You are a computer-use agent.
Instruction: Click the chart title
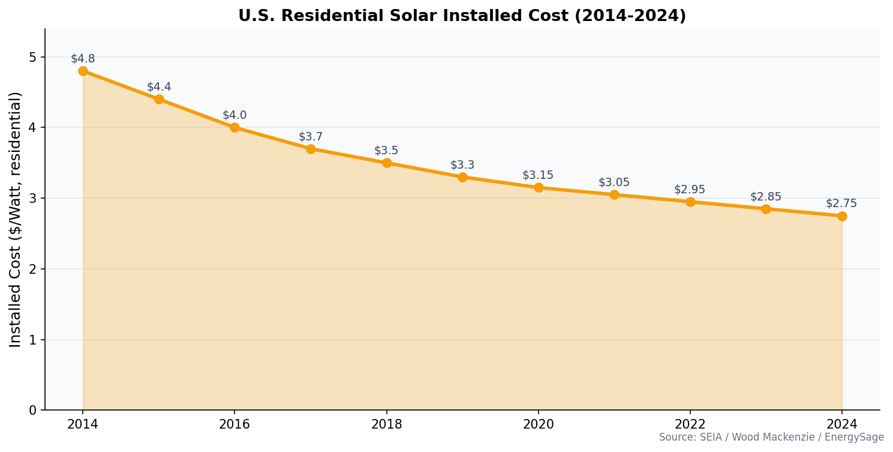(462, 16)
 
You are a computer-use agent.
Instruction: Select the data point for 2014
(83, 71)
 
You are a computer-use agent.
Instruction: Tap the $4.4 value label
(159, 87)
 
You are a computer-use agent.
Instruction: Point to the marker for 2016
(234, 127)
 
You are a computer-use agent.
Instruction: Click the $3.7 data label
(311, 137)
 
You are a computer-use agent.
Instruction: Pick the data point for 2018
(387, 163)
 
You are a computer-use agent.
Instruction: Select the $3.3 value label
(462, 165)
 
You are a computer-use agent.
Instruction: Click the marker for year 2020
(539, 187)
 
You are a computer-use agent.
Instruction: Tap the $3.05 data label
(614, 182)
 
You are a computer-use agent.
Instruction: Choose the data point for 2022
(690, 202)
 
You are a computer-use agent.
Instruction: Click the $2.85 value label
(766, 197)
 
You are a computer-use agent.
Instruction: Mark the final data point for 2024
(842, 216)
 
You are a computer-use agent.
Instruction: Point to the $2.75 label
(841, 203)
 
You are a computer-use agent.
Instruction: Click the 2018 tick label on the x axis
(387, 425)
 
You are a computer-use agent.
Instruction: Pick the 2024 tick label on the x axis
(842, 425)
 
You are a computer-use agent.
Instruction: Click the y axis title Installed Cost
(16, 219)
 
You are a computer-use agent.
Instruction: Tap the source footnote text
(771, 438)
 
